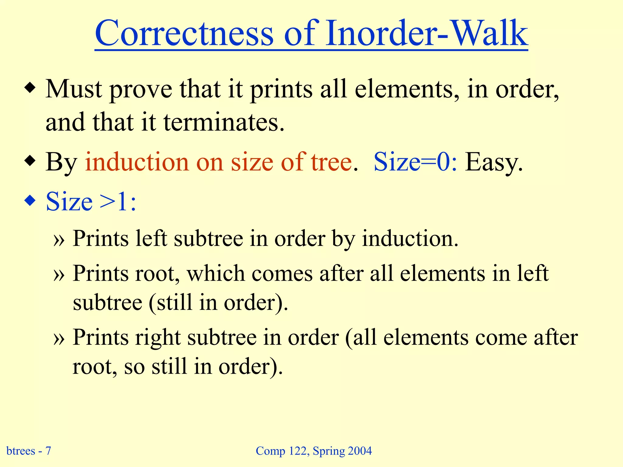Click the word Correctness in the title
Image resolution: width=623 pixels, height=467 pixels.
coord(184,33)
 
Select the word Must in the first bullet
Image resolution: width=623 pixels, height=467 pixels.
coord(74,89)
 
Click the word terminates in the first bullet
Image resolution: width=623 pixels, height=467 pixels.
coord(224,122)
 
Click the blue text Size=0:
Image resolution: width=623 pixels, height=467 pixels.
coord(415,162)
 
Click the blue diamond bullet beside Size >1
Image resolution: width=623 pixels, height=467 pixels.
coord(30,201)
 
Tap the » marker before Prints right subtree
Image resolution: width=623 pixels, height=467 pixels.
coord(59,339)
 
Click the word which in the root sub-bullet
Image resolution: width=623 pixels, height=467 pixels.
coord(216,274)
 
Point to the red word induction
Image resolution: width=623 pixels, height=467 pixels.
coord(138,162)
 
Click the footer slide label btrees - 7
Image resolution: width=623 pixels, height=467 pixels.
coord(29,451)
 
